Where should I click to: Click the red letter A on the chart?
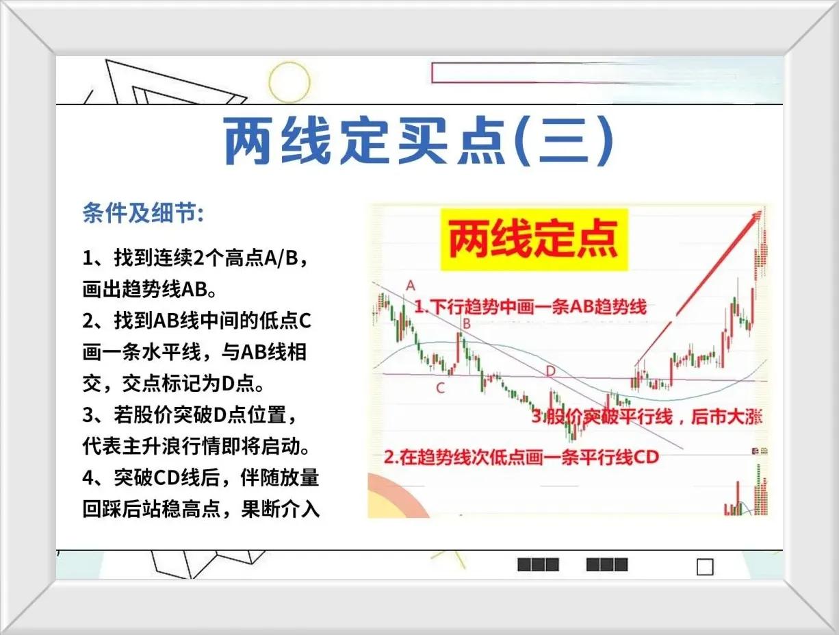tap(411, 286)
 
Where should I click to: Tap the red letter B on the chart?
tap(466, 323)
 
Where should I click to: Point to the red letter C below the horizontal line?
tap(440, 388)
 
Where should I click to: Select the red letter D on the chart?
tap(550, 371)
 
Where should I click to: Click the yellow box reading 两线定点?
tap(534, 240)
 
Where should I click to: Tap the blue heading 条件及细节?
tap(143, 212)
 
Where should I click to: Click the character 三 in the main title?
tap(563, 140)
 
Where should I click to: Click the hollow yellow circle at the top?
tap(289, 82)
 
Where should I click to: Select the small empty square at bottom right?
tap(705, 567)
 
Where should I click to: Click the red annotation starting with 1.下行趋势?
tap(530, 306)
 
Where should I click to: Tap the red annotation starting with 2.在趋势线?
tap(521, 457)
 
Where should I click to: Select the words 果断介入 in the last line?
tap(280, 509)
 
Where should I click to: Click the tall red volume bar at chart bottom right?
tap(738, 498)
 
